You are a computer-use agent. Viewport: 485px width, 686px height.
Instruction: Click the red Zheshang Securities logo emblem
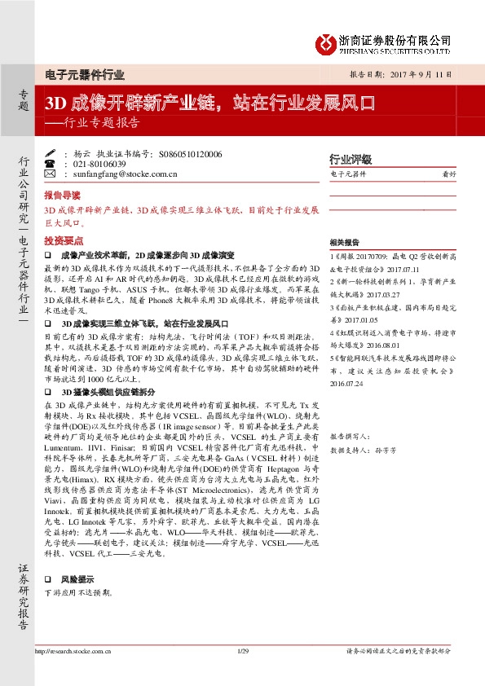326,42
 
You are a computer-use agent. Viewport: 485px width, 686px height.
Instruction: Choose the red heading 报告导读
62,196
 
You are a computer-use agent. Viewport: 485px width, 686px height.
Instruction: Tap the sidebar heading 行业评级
350,159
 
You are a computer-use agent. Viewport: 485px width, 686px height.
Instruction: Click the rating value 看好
448,174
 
